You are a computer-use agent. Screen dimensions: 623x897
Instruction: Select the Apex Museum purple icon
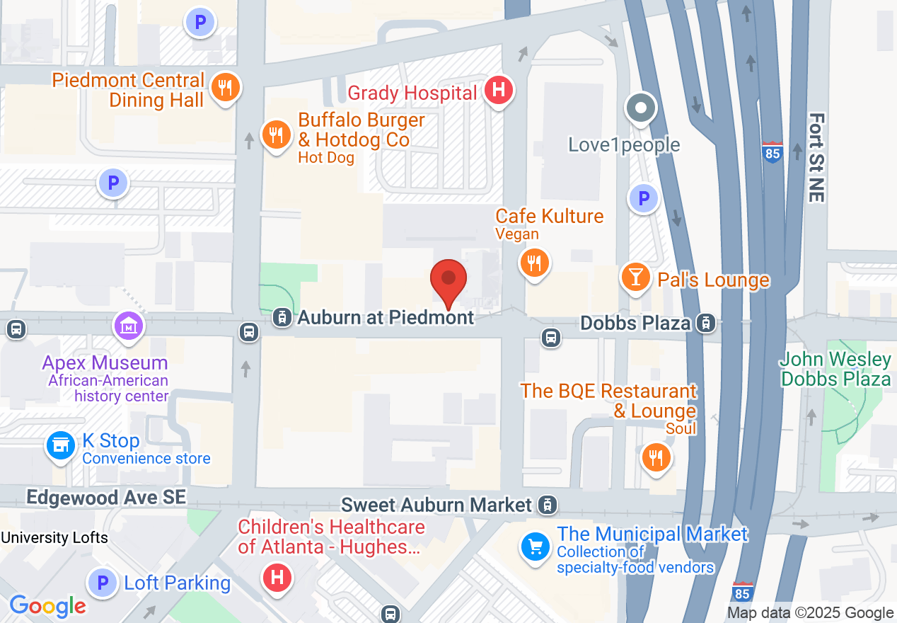tap(129, 326)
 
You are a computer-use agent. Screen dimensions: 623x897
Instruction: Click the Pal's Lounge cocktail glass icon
tap(635, 277)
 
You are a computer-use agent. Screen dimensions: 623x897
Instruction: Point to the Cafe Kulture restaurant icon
tap(535, 263)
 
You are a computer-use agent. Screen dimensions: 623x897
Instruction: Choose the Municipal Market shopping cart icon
tap(536, 547)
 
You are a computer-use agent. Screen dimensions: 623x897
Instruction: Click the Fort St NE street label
tap(816, 158)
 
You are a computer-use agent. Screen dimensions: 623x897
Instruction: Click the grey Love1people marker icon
tap(641, 109)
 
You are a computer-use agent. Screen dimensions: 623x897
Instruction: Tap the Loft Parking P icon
tap(103, 583)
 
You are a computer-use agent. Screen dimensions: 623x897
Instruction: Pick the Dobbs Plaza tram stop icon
tap(705, 324)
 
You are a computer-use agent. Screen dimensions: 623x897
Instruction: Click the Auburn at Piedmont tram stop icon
tap(282, 317)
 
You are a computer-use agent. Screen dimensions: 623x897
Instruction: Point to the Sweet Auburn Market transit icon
tap(546, 505)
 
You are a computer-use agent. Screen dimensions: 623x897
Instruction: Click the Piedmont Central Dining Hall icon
tap(225, 88)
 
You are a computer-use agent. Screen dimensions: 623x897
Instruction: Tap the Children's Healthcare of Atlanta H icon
tap(277, 578)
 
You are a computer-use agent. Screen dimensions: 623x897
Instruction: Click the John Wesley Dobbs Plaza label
tap(835, 369)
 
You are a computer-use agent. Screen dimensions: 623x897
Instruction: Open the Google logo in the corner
tap(47, 606)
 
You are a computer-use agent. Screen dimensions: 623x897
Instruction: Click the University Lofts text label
tap(54, 538)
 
